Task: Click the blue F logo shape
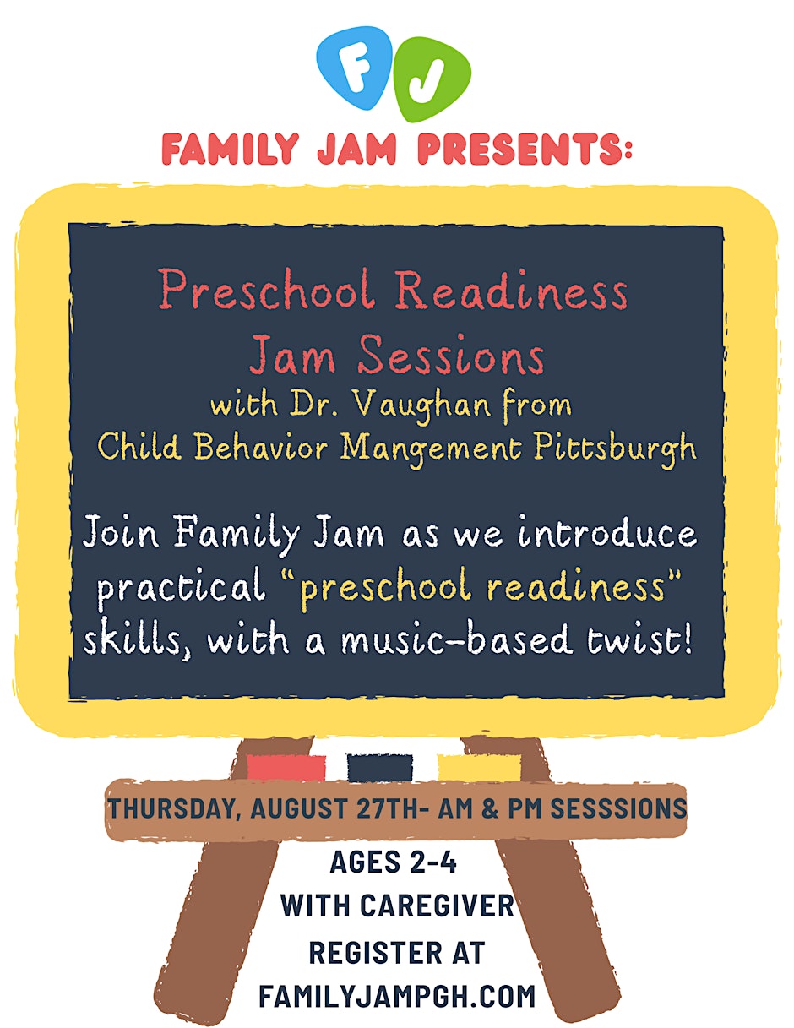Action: point(354,68)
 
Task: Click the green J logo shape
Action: point(432,79)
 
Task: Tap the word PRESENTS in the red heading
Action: point(525,149)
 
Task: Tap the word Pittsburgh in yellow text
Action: point(615,448)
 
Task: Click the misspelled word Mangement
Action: point(431,449)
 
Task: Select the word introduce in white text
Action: point(607,532)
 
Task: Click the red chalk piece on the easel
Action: point(286,767)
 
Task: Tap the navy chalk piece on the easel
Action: point(380,767)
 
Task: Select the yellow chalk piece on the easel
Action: point(480,767)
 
